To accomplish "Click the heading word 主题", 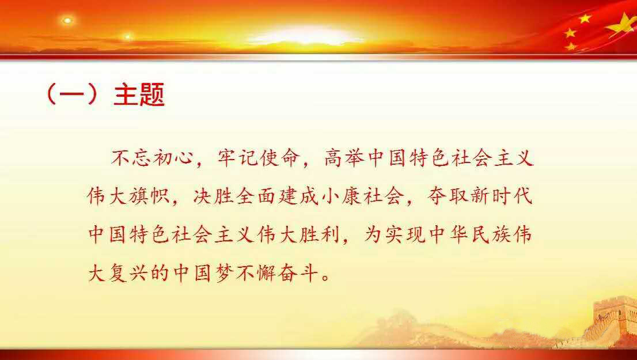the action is [139, 94].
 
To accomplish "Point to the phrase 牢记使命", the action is [259, 158].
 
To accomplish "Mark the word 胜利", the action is [319, 235].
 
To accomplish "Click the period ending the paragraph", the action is [325, 278].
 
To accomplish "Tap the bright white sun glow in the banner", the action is [305, 36].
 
